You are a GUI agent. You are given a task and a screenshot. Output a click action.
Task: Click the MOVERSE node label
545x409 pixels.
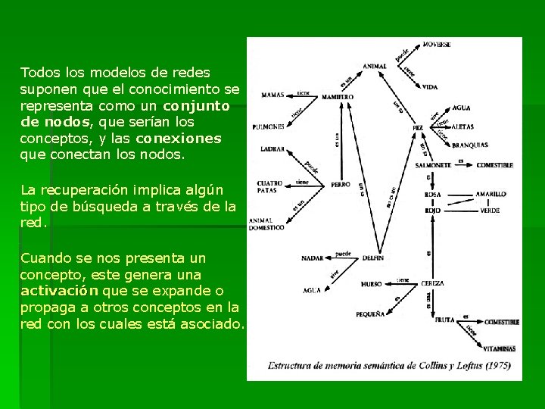(x=437, y=45)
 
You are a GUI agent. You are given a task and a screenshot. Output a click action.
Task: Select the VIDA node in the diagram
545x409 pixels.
(x=430, y=87)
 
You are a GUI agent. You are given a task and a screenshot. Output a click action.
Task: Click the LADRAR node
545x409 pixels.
(x=272, y=149)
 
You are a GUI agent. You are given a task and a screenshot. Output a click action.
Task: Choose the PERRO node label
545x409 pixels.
(x=341, y=184)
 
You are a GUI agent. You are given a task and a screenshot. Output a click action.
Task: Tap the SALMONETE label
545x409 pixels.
(x=434, y=164)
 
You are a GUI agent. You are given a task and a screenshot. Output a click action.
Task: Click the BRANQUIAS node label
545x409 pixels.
(x=469, y=144)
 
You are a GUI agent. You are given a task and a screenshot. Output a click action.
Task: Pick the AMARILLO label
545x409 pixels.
(x=490, y=194)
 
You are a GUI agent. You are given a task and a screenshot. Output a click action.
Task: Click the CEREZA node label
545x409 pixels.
(x=433, y=283)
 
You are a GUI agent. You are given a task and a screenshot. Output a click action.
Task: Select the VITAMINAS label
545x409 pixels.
(x=500, y=348)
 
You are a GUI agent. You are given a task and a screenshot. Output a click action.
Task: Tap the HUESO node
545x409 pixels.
(x=371, y=286)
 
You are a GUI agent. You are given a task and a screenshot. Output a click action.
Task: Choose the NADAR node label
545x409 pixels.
(x=312, y=258)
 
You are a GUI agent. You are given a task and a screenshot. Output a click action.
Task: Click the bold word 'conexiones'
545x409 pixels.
(x=179, y=139)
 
